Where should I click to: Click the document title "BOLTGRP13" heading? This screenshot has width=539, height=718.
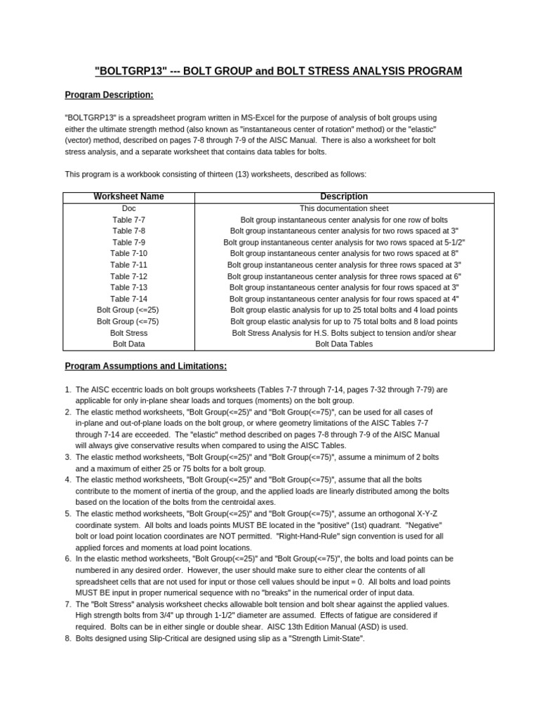tap(278, 72)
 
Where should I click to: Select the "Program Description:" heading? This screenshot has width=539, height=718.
tap(109, 95)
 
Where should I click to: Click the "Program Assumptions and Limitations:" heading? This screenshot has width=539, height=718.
tap(146, 366)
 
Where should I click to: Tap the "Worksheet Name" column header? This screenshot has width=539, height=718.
tap(128, 197)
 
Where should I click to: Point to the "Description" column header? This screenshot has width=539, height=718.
tap(344, 197)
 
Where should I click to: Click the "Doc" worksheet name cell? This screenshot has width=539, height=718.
tap(128, 208)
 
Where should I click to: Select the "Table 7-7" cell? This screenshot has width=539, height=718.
tap(128, 219)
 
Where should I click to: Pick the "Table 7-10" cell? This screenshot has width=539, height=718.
tap(128, 253)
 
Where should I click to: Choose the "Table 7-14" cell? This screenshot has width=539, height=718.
tap(128, 299)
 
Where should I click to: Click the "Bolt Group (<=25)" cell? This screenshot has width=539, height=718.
tap(128, 310)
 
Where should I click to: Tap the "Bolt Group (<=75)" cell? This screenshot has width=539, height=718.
tap(128, 321)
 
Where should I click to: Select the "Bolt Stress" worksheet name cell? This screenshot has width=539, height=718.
tap(128, 333)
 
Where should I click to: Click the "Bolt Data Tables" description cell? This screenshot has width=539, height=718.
tap(344, 344)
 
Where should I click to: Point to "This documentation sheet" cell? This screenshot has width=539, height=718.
tap(344, 208)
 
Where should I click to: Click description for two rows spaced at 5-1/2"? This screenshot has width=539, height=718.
tap(344, 242)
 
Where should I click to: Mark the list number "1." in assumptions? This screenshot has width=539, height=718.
tap(68, 389)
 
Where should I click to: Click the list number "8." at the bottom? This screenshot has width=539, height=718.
tap(68, 638)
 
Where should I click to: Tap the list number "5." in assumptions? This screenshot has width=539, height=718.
tap(68, 514)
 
